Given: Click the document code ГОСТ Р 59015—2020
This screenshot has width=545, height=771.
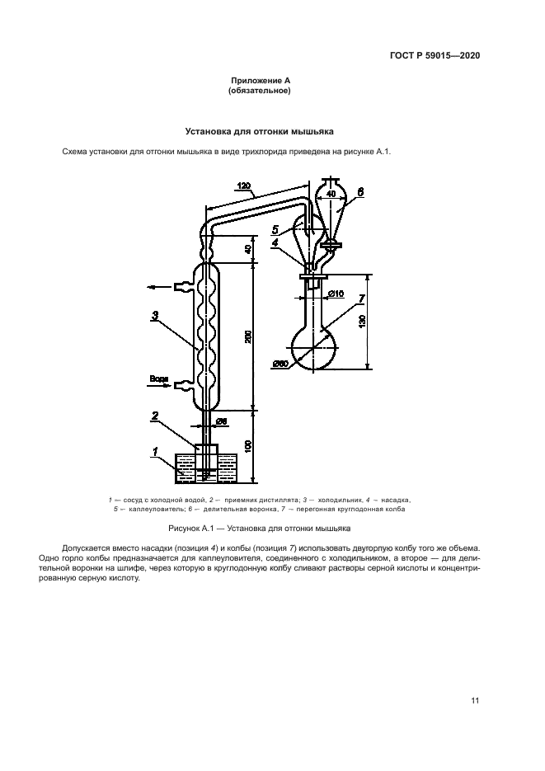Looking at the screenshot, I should pos(435,56).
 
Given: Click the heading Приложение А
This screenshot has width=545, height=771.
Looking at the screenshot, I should pos(260,81).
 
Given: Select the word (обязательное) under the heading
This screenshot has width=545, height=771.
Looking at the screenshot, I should pos(260,91).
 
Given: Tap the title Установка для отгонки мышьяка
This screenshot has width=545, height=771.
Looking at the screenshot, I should pos(260,130).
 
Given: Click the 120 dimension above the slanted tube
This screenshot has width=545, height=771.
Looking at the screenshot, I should pos(244,186).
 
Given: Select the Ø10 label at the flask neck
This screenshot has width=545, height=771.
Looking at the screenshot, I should pos(336,294).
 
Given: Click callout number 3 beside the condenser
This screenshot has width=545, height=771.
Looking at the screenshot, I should pos(154,314).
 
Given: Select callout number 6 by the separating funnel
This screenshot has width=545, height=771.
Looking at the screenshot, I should pos(359,190).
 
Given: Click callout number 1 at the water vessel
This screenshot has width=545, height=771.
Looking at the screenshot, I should pos(154,450).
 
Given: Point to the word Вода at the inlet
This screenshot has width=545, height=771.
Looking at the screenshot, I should pos(157,378).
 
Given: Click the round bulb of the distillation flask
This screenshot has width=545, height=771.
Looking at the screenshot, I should pos(315,350).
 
